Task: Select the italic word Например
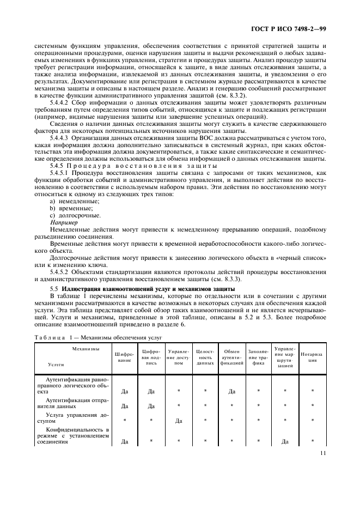click(62, 223)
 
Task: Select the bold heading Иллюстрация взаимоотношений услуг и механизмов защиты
click(148, 288)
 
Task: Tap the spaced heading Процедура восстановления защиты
click(136, 166)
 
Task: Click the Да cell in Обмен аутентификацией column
click(231, 391)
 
